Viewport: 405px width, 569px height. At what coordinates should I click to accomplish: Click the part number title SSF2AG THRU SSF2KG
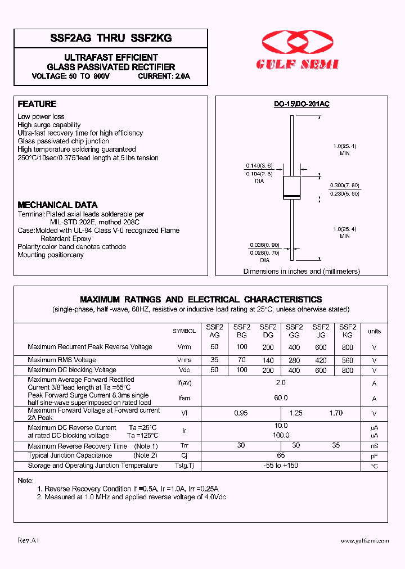pyautogui.click(x=111, y=38)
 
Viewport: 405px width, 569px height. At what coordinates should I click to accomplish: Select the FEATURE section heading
pyautogui.click(x=37, y=104)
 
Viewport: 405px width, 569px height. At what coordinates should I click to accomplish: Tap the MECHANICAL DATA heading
pyautogui.click(x=57, y=205)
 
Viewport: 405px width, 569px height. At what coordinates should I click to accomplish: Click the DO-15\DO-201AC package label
pyautogui.click(x=301, y=105)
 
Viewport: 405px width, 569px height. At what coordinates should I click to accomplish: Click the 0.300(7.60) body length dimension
pyautogui.click(x=345, y=186)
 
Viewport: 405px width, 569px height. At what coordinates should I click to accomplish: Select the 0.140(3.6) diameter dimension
pyautogui.click(x=259, y=166)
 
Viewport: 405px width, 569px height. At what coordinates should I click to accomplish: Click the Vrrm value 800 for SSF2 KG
pyautogui.click(x=348, y=347)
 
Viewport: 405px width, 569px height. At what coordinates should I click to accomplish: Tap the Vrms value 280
pyautogui.click(x=294, y=360)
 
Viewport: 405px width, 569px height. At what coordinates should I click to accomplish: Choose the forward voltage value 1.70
pyautogui.click(x=336, y=413)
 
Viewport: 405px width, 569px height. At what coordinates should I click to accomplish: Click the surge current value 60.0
pyautogui.click(x=281, y=398)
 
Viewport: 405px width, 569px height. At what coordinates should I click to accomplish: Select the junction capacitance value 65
pyautogui.click(x=281, y=455)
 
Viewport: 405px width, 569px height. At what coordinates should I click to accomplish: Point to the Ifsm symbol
pyautogui.click(x=184, y=398)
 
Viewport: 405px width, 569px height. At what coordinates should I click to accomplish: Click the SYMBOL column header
pyautogui.click(x=184, y=331)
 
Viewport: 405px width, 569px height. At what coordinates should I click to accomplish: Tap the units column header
pyautogui.click(x=374, y=331)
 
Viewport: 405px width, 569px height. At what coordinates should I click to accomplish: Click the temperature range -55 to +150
pyautogui.click(x=281, y=466)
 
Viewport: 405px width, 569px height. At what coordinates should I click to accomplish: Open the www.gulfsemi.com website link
pyautogui.click(x=364, y=540)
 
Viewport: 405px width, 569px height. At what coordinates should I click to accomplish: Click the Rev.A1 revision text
pyautogui.click(x=28, y=540)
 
